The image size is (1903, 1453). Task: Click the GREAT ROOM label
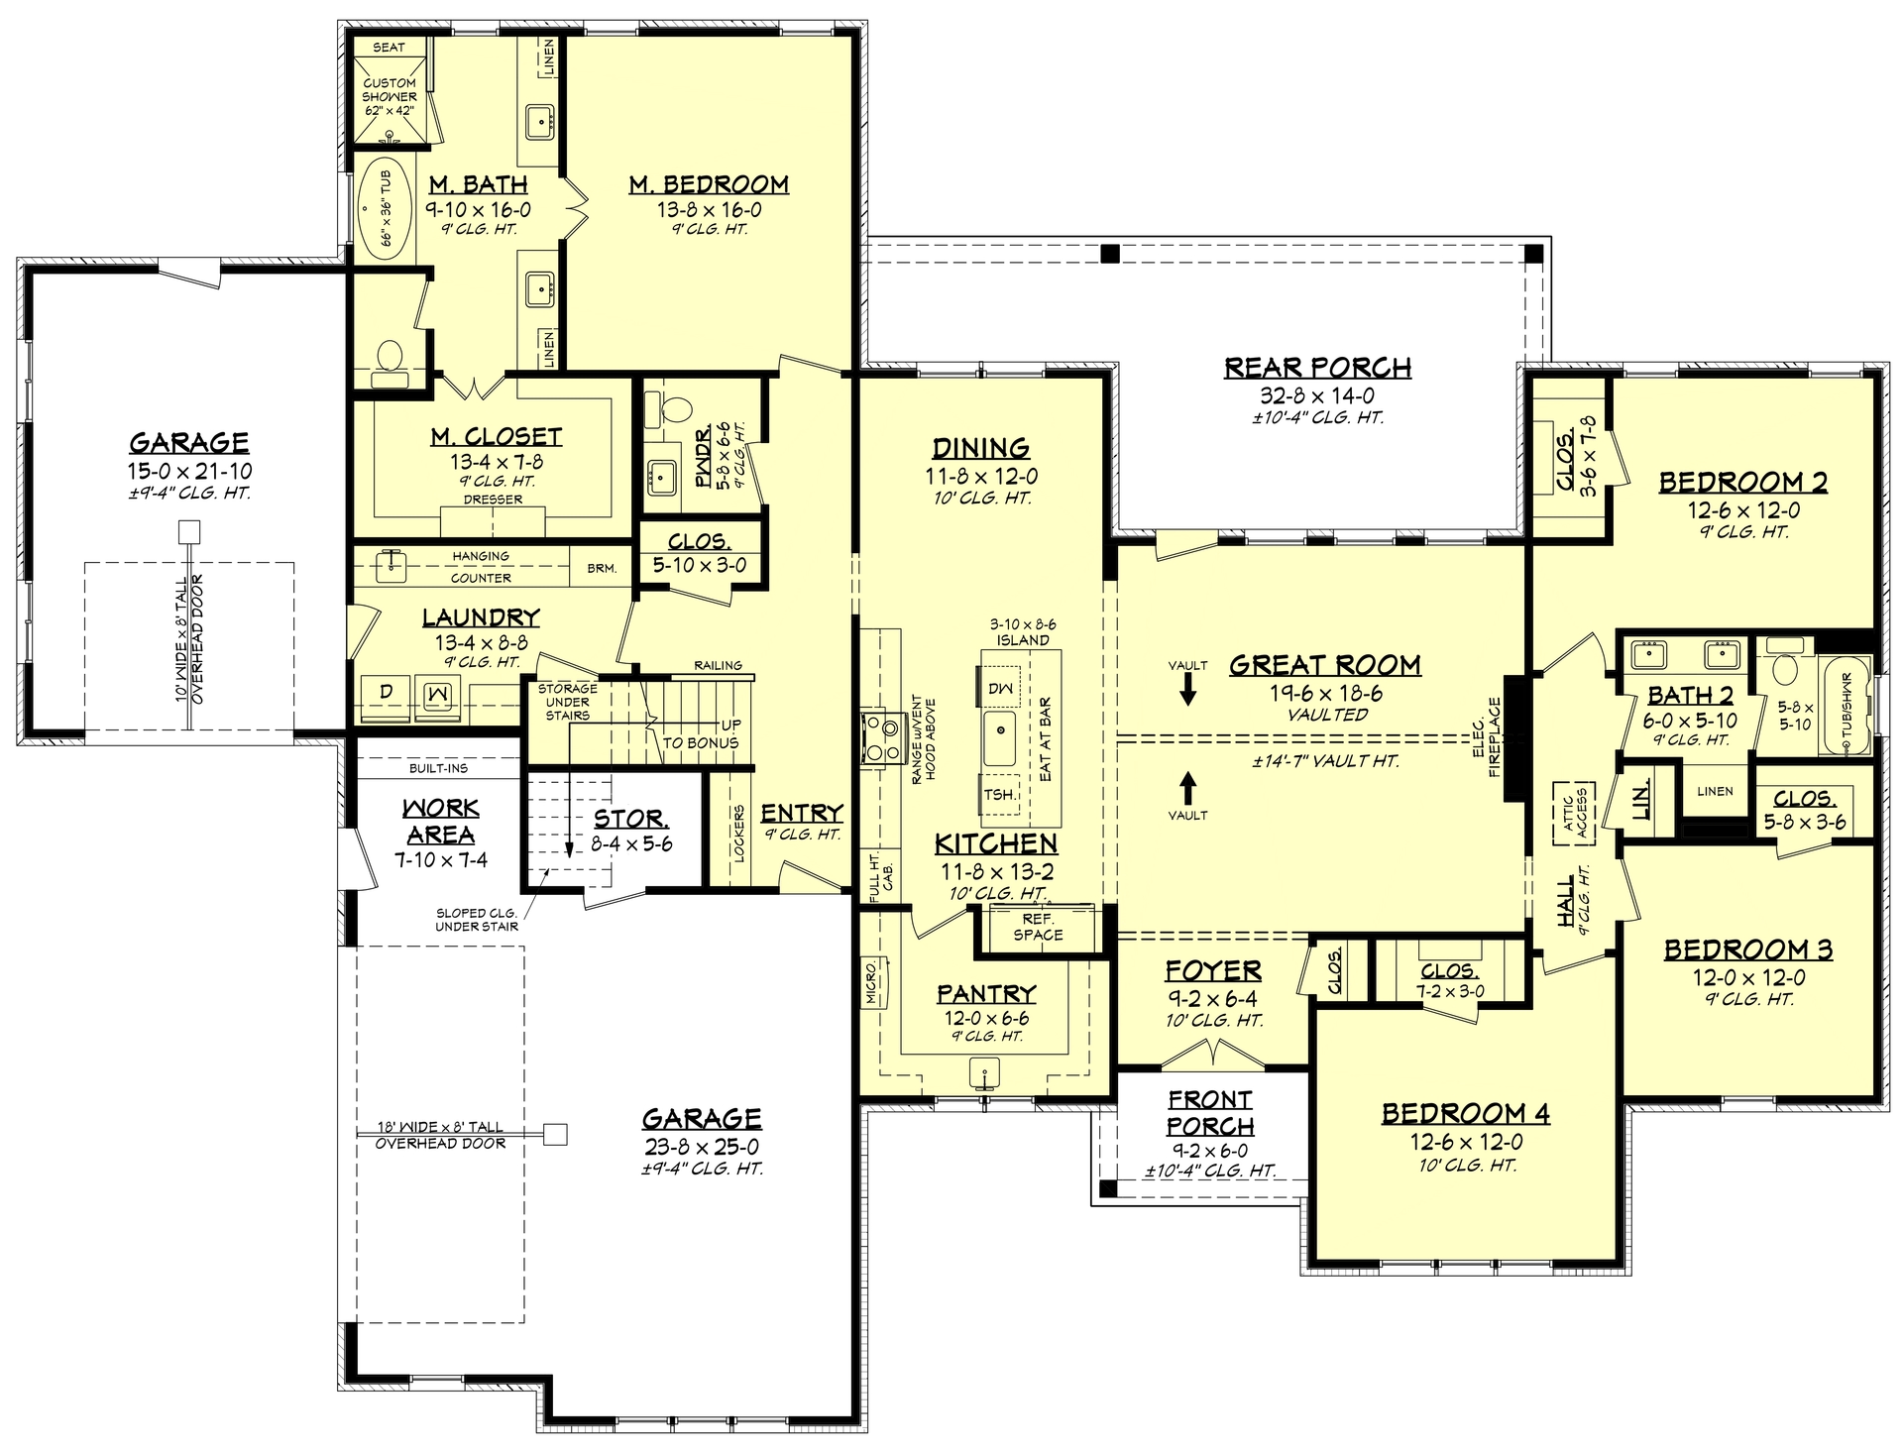1325,665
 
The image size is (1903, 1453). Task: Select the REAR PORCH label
1317,368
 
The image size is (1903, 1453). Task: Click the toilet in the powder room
679,406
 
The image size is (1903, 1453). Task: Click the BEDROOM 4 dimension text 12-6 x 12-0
1466,1142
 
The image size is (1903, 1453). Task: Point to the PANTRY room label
986,993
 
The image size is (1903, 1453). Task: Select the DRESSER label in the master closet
493,500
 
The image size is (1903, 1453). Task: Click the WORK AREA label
440,822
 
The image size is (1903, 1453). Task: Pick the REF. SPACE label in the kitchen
1038,927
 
